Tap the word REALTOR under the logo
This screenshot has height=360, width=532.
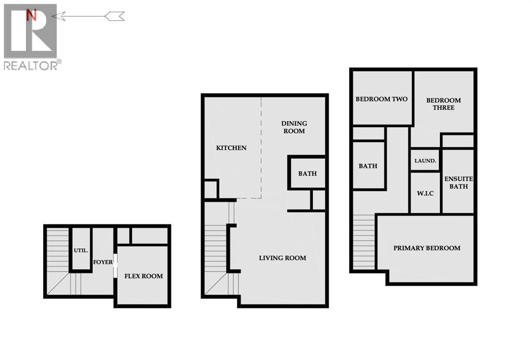point(30,65)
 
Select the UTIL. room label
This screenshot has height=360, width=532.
point(80,250)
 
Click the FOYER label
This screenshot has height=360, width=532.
point(103,262)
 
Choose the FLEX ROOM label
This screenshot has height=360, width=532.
point(143,276)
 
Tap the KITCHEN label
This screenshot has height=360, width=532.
point(231,148)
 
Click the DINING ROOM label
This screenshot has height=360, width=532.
point(294,127)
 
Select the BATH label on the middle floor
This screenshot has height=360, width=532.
point(307,174)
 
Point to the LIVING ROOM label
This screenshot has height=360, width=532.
point(283,258)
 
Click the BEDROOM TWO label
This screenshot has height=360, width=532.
point(381,99)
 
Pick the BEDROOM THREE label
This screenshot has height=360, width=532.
point(443,104)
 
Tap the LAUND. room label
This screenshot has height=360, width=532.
point(425,161)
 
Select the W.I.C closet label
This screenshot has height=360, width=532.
point(425,194)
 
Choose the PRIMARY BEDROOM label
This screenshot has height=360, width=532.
point(427,248)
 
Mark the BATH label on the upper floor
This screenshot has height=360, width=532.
point(368,166)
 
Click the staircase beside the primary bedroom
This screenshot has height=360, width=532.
point(364,241)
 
